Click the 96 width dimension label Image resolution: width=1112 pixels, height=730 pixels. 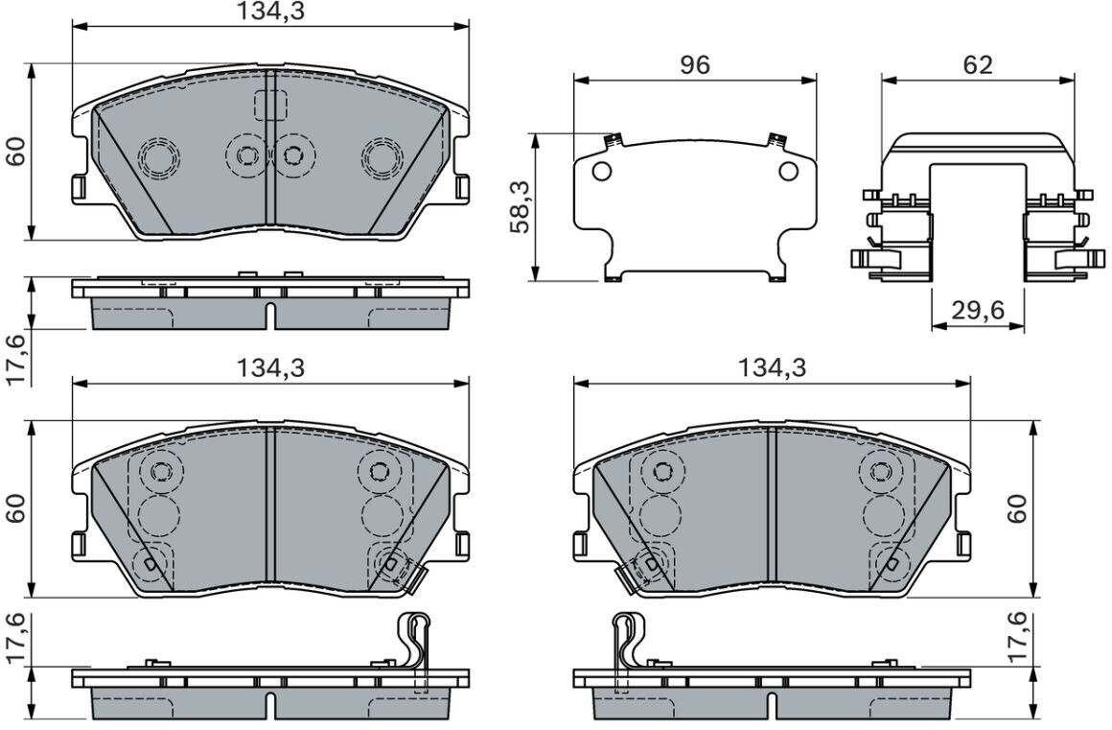click(x=694, y=65)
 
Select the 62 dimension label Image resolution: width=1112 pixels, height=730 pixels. click(x=978, y=65)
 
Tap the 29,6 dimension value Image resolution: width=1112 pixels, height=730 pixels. click(x=977, y=311)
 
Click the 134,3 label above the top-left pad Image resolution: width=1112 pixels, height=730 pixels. click(x=270, y=12)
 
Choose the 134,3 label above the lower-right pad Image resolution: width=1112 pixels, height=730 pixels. click(x=773, y=367)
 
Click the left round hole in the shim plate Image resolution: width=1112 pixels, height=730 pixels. click(x=601, y=171)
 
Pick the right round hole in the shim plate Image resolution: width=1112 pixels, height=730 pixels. click(x=788, y=171)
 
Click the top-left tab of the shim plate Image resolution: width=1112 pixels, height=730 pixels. click(x=614, y=140)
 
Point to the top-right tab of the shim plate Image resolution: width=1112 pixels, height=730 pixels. click(x=776, y=140)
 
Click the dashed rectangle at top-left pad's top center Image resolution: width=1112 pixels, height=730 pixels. click(x=270, y=106)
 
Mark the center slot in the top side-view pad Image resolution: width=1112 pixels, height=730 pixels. click(x=270, y=315)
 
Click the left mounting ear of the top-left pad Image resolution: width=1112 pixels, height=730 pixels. click(x=80, y=188)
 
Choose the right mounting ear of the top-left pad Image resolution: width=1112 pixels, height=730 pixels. click(x=461, y=188)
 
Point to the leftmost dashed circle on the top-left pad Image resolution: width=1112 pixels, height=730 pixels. click(x=159, y=156)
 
